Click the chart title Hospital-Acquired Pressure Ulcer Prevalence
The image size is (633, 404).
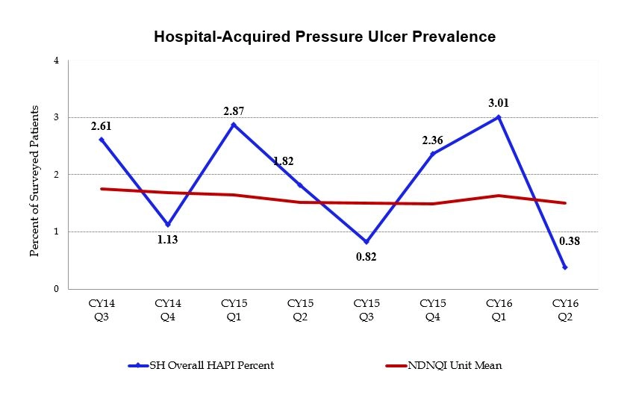pos(324,36)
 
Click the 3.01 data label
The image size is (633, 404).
pos(499,103)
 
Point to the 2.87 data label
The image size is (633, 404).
pos(234,111)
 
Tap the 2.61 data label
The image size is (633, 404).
pos(102,126)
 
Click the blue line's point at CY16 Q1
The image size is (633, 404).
pos(499,117)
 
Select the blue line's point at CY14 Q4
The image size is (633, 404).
pos(168,224)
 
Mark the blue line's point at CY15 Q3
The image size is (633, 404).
pos(367,242)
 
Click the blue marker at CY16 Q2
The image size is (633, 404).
pos(565,267)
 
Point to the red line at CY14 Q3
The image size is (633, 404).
pos(102,189)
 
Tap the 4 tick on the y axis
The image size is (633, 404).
pos(57,60)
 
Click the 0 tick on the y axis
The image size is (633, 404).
pos(57,289)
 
